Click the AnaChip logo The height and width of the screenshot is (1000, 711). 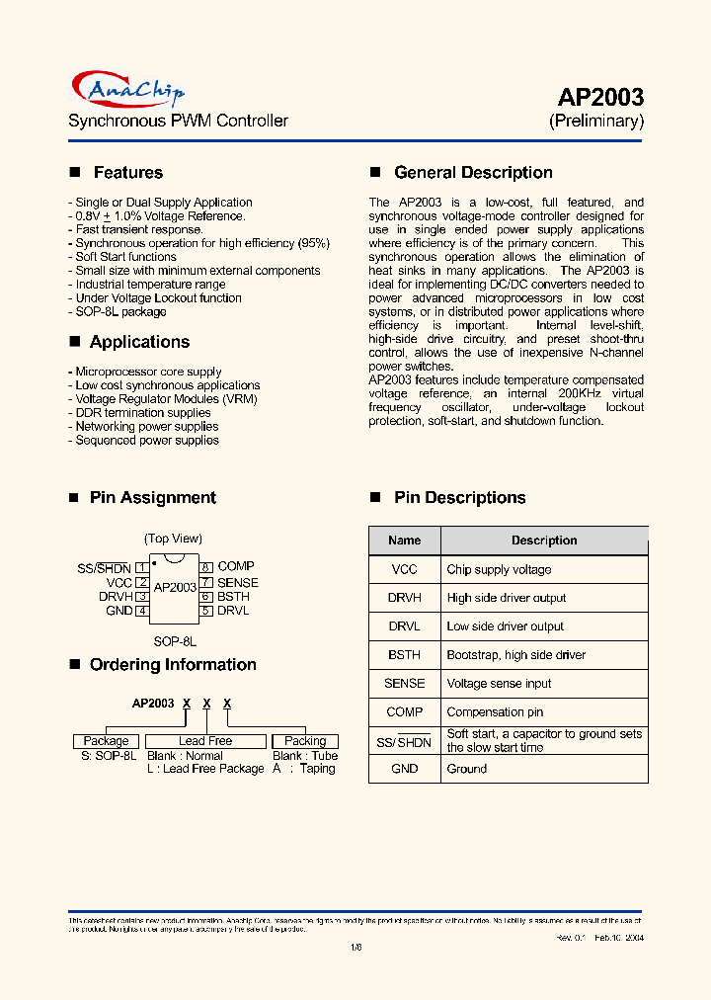point(127,92)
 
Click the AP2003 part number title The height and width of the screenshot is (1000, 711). point(600,97)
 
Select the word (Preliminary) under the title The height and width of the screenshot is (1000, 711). point(596,122)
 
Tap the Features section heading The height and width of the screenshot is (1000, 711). point(127,173)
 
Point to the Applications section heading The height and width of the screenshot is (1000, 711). point(139,342)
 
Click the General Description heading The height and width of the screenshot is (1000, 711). point(473,173)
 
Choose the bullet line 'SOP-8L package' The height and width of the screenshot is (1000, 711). point(120,311)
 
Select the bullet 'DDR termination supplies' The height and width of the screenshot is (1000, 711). point(143,413)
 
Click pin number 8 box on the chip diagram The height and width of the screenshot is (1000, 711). point(206,567)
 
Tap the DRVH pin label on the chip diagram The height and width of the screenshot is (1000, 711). point(116,597)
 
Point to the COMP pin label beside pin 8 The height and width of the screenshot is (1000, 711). point(236,566)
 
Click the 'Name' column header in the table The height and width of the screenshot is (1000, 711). point(405,541)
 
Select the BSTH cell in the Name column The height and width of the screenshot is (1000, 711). point(405,655)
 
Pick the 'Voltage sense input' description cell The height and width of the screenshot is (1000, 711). point(499,684)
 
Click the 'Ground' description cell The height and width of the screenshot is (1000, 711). point(467,769)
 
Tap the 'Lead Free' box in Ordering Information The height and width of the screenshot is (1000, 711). point(205,741)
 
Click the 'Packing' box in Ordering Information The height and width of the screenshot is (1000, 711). point(305,741)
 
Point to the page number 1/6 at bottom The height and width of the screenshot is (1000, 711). point(355,947)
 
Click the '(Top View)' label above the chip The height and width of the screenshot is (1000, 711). point(173,539)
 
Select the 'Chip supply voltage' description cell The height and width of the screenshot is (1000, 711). point(499,570)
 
